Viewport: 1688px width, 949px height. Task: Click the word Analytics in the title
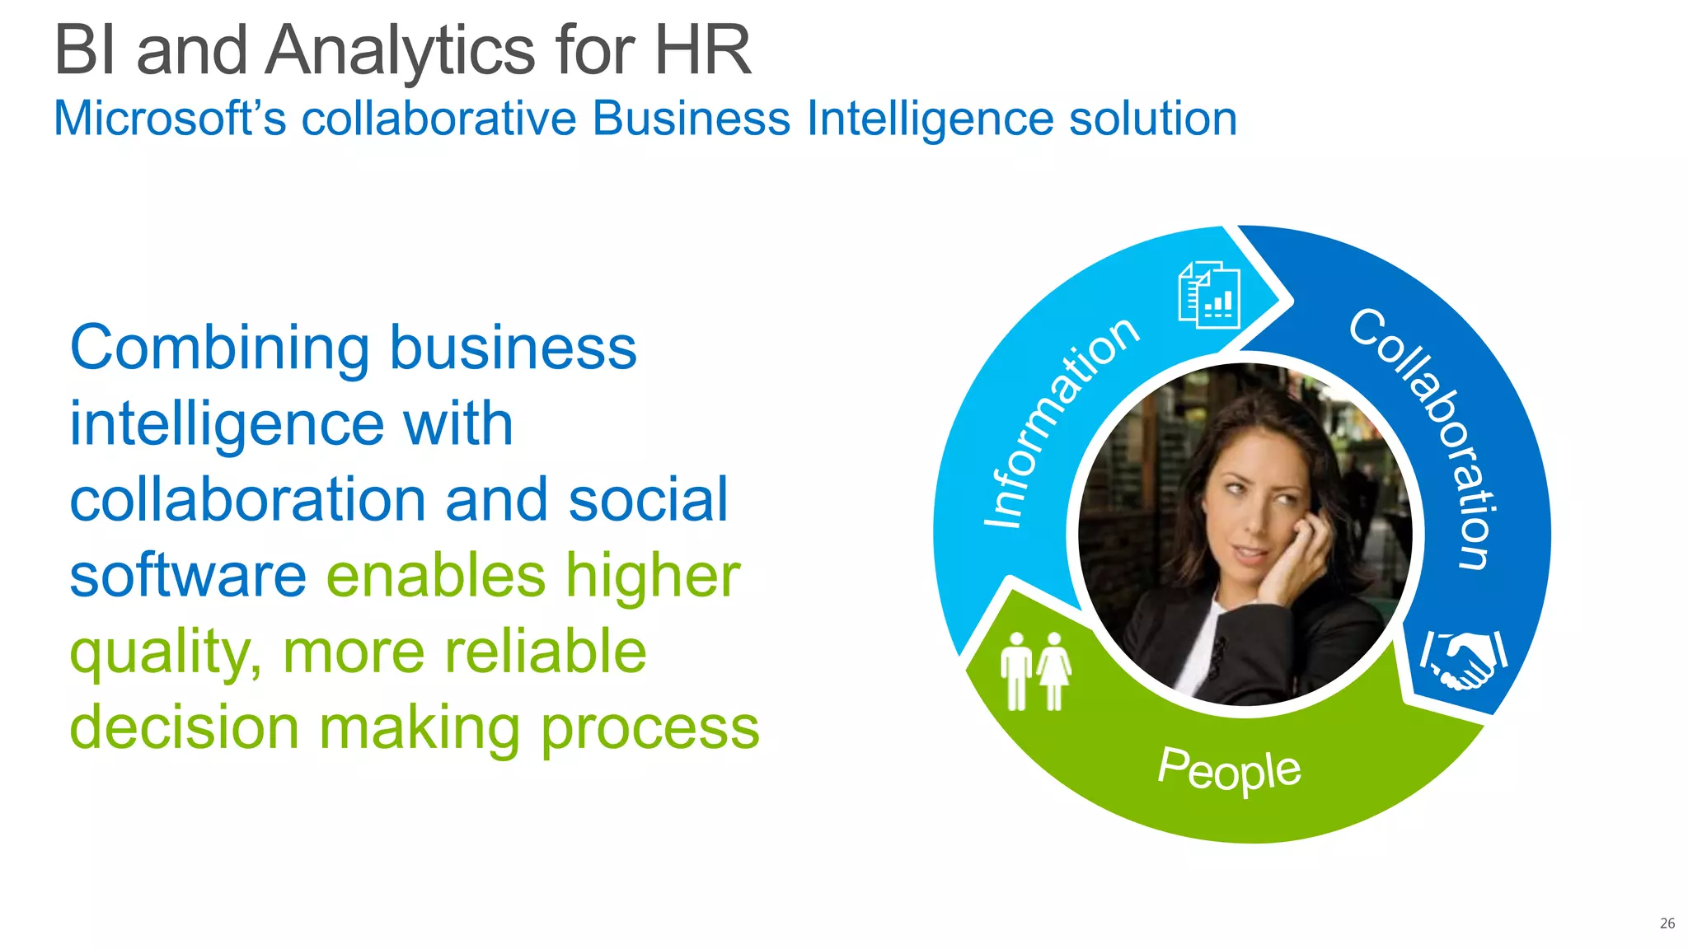tap(402, 51)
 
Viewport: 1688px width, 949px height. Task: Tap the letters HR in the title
tap(702, 51)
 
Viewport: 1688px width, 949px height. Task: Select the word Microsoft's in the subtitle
tap(170, 119)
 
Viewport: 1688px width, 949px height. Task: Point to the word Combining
tap(219, 348)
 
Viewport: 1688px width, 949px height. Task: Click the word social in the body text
tap(648, 499)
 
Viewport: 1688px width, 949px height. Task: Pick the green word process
tap(649, 729)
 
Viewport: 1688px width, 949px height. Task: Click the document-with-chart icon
tap(1209, 295)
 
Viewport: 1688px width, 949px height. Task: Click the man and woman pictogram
tap(1035, 671)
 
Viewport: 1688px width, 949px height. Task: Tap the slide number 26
tap(1667, 923)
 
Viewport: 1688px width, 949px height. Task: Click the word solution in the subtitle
tap(1152, 119)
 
